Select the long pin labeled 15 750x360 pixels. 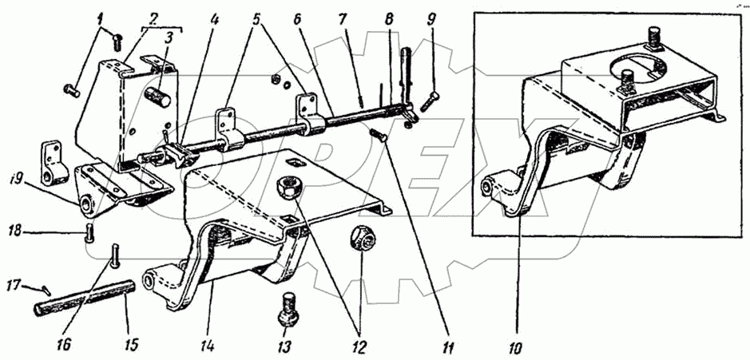point(88,300)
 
